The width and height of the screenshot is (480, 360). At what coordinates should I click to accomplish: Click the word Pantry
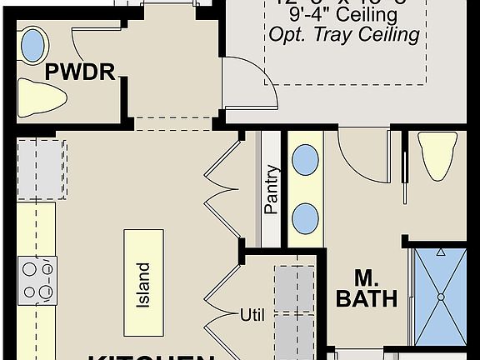point(272,190)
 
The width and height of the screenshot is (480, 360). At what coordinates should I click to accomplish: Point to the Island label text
point(143,284)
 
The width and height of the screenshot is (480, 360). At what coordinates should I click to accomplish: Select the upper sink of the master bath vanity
point(306,158)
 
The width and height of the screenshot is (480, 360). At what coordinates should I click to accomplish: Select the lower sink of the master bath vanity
point(306,218)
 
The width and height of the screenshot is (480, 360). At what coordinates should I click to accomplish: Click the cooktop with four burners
point(37,281)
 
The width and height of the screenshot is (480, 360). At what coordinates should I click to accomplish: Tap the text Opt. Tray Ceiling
point(343,34)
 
